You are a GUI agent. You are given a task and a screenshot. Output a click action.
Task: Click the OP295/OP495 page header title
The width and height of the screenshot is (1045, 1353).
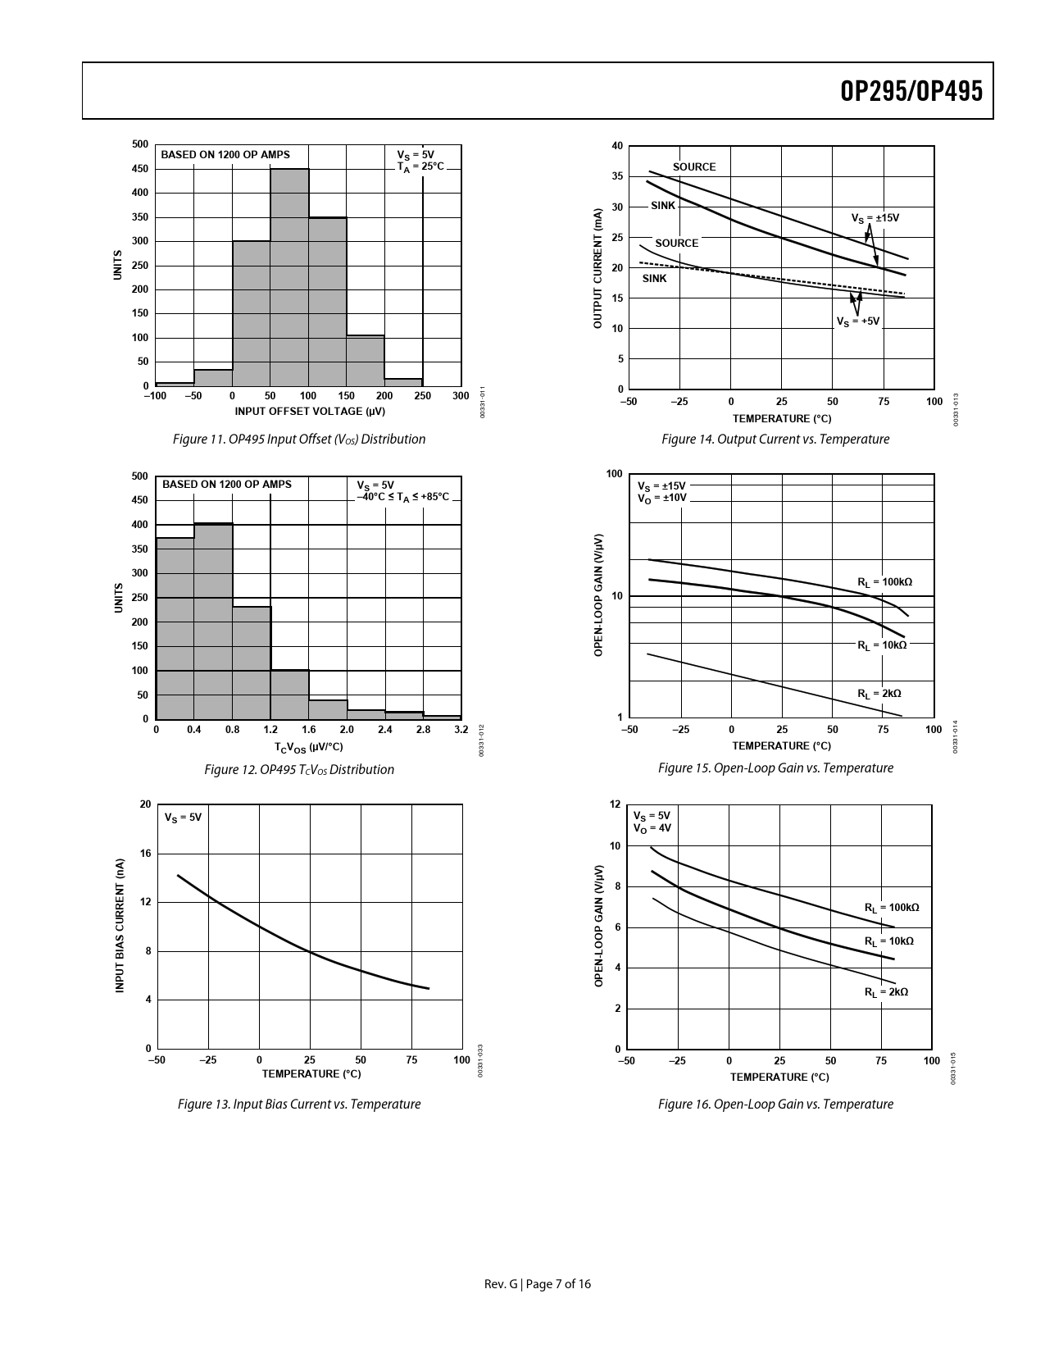click(x=911, y=91)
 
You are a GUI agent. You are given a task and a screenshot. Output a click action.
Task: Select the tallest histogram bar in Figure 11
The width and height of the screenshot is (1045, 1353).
click(x=289, y=277)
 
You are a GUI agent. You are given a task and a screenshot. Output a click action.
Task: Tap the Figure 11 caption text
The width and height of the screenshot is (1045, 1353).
click(x=299, y=440)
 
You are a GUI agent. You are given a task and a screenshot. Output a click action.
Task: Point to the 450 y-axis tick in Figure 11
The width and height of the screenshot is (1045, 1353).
click(x=140, y=169)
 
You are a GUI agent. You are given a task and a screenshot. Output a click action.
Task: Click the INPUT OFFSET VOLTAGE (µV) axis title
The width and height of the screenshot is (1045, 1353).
click(x=310, y=411)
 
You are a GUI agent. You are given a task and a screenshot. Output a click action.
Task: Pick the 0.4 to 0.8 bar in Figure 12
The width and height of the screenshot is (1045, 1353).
click(x=213, y=621)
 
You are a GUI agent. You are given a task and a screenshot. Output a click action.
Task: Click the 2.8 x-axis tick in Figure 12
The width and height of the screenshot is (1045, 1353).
click(x=423, y=729)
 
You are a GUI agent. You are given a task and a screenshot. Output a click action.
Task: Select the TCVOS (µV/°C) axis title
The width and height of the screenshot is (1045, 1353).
click(x=308, y=747)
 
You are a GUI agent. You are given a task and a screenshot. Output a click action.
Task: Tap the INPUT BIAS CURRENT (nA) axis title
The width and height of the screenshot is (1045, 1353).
click(x=120, y=926)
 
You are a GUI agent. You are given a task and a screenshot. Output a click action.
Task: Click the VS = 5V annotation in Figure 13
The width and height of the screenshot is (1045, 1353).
click(x=183, y=818)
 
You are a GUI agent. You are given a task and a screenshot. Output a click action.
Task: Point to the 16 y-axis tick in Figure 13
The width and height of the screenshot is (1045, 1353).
click(x=145, y=854)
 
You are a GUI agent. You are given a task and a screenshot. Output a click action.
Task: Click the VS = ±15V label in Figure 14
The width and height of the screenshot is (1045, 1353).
click(x=875, y=218)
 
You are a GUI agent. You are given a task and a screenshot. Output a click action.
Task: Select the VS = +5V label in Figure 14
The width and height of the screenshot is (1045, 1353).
click(x=857, y=321)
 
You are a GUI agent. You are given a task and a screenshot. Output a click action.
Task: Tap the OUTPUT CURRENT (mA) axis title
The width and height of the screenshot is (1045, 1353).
click(x=597, y=269)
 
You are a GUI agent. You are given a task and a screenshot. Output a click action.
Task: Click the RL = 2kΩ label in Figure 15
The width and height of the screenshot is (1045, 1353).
click(x=879, y=694)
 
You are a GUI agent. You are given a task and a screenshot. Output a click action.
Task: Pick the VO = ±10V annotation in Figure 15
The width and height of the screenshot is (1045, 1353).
click(x=661, y=498)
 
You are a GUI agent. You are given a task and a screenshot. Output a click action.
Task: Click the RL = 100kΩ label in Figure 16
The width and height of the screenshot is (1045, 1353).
click(x=892, y=908)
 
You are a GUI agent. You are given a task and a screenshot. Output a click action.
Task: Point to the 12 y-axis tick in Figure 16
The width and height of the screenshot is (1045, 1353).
click(x=615, y=804)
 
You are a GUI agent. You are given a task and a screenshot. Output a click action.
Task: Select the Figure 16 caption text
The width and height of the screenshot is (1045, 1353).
click(x=775, y=1105)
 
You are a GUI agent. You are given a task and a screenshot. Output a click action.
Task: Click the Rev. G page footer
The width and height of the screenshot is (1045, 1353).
click(x=537, y=1284)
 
